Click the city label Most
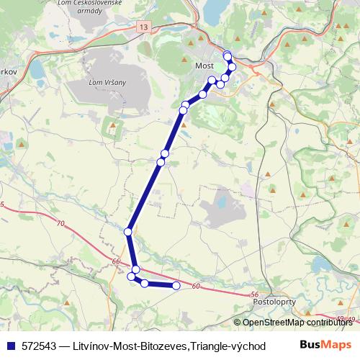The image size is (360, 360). click(x=204, y=64)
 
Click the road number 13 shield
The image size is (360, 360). click(x=145, y=27)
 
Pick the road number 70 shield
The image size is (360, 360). click(x=59, y=224)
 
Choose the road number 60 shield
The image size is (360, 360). click(x=195, y=287)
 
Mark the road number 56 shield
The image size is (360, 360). click(x=254, y=295)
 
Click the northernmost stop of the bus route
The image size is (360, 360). click(x=227, y=55)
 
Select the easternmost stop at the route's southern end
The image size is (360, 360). click(x=176, y=287)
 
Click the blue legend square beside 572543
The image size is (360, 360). click(x=10, y=346)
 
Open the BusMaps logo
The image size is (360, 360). click(x=325, y=345)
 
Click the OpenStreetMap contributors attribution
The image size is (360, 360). click(x=296, y=323)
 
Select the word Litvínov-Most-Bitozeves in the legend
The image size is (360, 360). click(x=129, y=346)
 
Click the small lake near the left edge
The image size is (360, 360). click(x=37, y=71)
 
